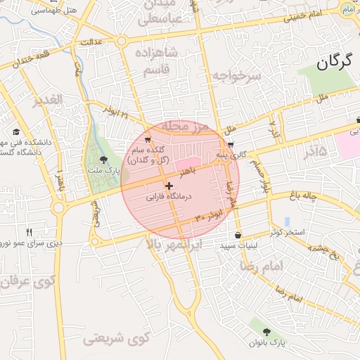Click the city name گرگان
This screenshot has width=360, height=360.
click(x=333, y=63)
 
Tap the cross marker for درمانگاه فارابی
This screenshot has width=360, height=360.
click(x=169, y=186)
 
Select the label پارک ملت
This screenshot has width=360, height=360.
click(x=104, y=171)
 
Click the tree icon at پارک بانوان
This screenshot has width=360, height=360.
click(x=266, y=331)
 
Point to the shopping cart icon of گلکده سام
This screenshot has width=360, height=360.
click(x=148, y=140)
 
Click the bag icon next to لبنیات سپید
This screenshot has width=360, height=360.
click(x=238, y=235)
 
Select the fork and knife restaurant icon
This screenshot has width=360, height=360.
click(x=30, y=232)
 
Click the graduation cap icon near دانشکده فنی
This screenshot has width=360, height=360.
click(x=15, y=132)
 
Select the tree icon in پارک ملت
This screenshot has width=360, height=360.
click(x=104, y=160)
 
